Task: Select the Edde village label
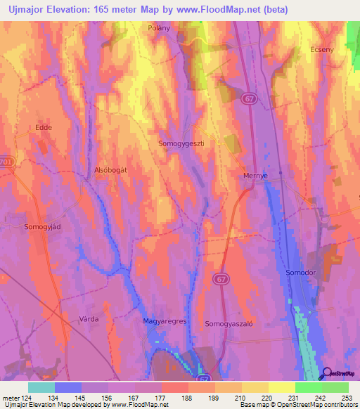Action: [x=44, y=127]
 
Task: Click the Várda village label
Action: [x=89, y=318]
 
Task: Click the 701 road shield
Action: [x=6, y=161]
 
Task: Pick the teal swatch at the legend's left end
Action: [x=41, y=387]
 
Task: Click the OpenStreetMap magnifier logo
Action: [x=326, y=375]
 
